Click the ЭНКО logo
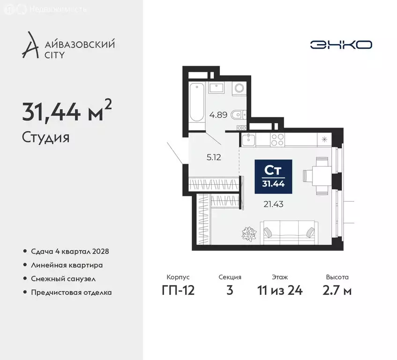[x=341, y=45]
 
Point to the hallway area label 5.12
[x=213, y=157]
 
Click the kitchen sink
[x=248, y=139]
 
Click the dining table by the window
[x=322, y=176]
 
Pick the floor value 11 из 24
[x=280, y=290]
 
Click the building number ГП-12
[x=178, y=290]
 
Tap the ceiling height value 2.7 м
[x=337, y=290]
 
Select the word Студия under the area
[x=45, y=137]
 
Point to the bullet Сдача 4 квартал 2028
[x=70, y=251]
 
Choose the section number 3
[x=230, y=290]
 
